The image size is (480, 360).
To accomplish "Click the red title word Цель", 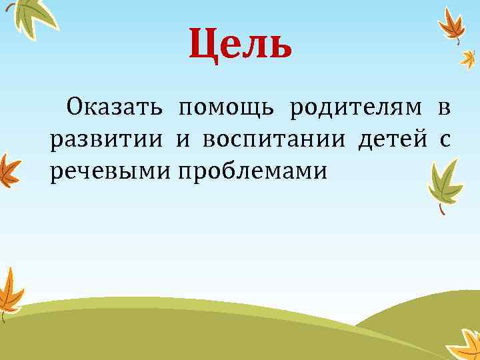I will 240,44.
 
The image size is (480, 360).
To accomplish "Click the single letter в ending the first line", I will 444,107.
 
